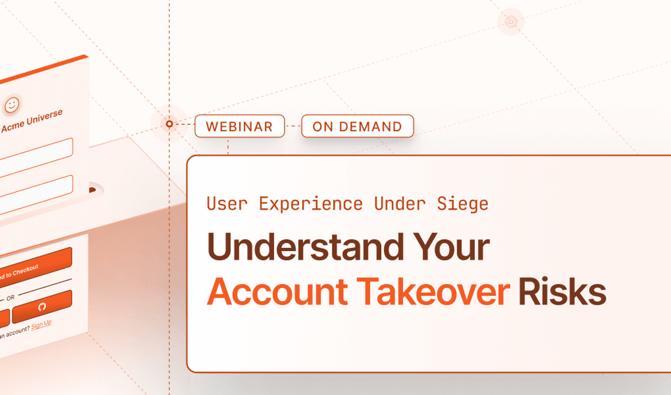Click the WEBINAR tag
click(239, 126)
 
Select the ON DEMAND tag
click(357, 126)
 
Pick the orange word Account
click(277, 291)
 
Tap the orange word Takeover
click(434, 291)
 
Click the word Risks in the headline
click(562, 291)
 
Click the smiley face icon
click(12, 104)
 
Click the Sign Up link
click(41, 324)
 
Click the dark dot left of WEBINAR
click(169, 124)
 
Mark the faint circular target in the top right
click(510, 22)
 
